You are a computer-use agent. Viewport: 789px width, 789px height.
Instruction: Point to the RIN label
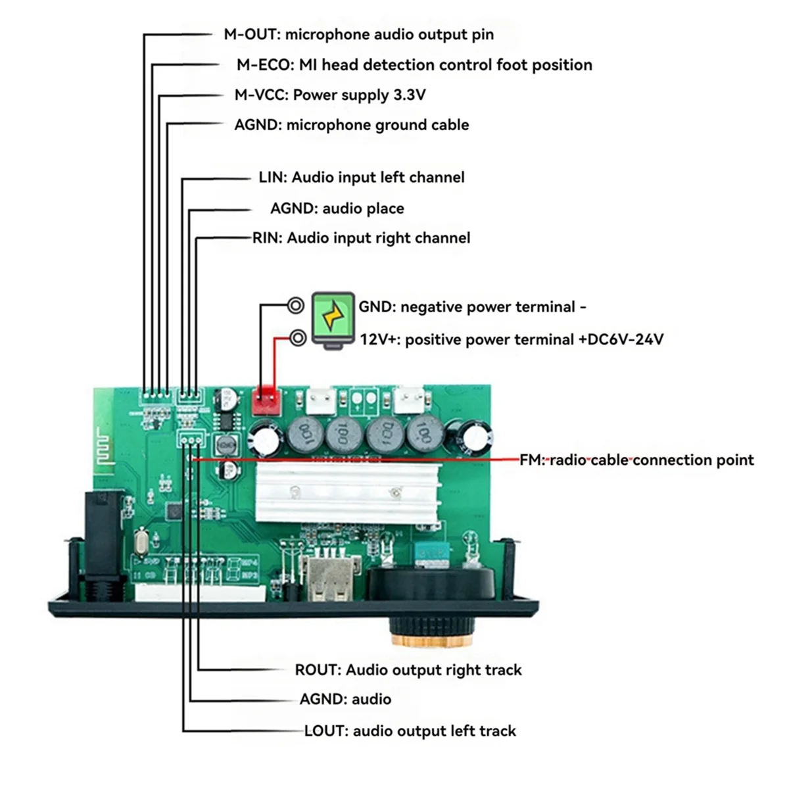click(267, 238)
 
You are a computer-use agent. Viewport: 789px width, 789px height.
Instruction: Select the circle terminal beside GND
click(296, 306)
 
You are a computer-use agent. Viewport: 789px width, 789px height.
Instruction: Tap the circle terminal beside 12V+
click(298, 339)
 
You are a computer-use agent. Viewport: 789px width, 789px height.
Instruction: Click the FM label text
click(532, 460)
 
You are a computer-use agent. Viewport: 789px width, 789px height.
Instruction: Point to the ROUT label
click(317, 670)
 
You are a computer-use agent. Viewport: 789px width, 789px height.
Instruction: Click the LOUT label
click(325, 731)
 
